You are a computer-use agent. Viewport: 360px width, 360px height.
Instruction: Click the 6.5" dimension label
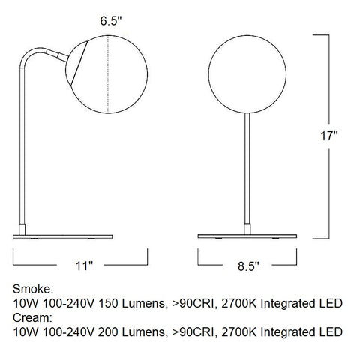coord(110,22)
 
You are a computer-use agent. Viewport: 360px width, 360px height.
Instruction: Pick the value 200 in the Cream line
coord(128,331)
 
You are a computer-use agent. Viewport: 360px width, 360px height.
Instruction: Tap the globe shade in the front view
coord(247,72)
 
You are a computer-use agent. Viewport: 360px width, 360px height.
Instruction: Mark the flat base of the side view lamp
coord(64,235)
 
